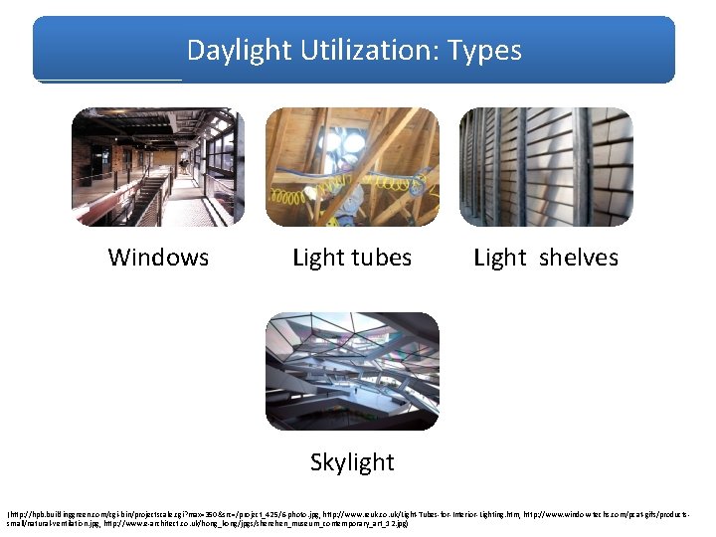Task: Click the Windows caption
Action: [158, 258]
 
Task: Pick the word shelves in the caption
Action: [578, 258]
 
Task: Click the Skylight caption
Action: [352, 462]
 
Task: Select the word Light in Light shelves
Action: [500, 258]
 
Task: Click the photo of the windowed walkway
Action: [157, 167]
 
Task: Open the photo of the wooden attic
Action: [351, 167]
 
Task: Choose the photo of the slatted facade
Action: [546, 167]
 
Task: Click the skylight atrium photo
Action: [351, 372]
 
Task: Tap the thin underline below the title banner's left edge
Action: [109, 80]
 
